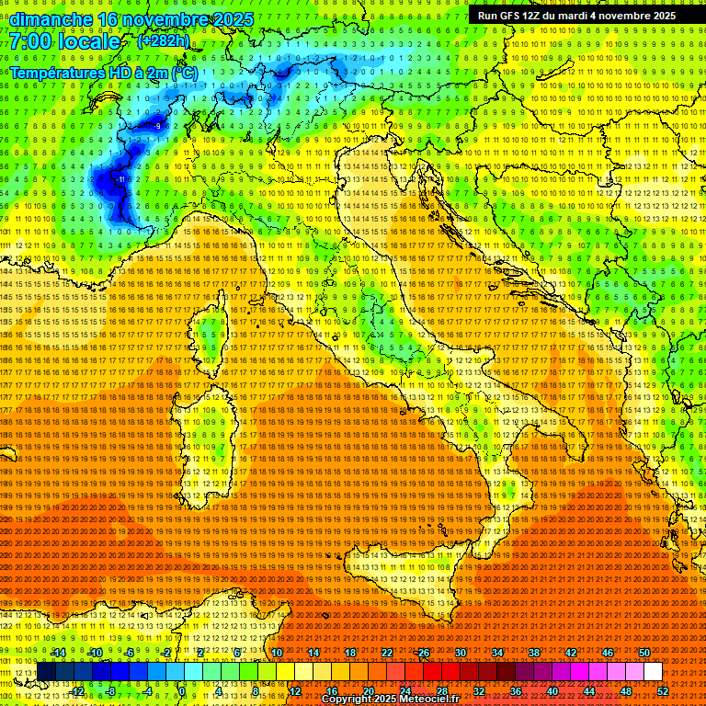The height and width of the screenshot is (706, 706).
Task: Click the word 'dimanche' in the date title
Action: point(50,19)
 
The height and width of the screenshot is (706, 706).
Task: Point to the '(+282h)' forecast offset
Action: point(164,41)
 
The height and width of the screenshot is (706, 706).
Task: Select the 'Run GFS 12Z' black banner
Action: point(576,16)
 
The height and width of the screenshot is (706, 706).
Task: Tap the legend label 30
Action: point(460,653)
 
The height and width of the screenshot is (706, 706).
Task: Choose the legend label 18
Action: point(349,653)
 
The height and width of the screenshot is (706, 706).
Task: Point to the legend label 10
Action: point(276,653)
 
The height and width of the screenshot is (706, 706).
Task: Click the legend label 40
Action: point(552,691)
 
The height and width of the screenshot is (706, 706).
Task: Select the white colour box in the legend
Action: point(652,672)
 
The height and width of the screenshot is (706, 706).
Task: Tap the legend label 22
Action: point(386,653)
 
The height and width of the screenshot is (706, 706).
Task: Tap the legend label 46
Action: point(607,653)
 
